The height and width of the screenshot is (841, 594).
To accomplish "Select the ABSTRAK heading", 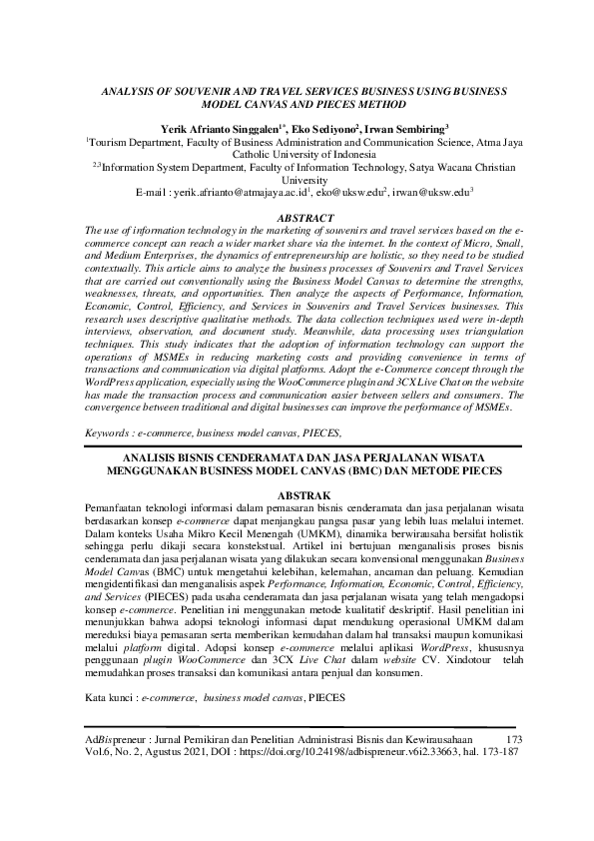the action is (297, 496).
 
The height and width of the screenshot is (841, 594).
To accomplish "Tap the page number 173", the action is (515, 739).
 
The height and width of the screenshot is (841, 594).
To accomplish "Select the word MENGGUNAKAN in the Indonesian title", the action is (160, 470).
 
